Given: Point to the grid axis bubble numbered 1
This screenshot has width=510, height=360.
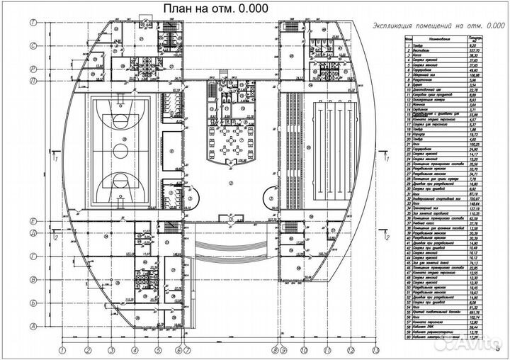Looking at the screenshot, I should pyautogui.click(x=62, y=349).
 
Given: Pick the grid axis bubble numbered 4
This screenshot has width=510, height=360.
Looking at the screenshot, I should pyautogui.click(x=135, y=349).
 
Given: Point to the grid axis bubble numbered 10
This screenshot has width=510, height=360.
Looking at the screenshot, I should pyautogui.click(x=302, y=349).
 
